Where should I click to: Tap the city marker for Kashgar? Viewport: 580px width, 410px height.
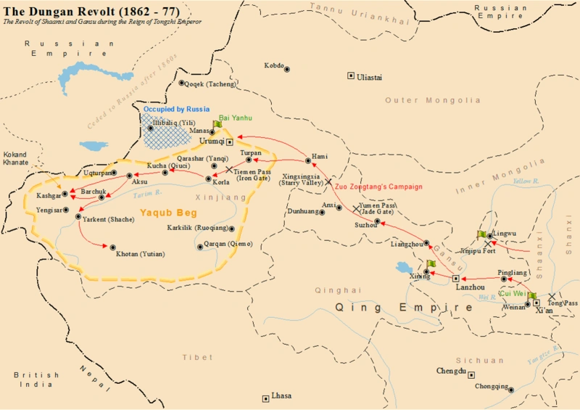tap(65, 194)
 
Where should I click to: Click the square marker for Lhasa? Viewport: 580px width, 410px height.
tap(265, 398)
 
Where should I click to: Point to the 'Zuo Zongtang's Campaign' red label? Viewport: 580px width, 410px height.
tap(378, 186)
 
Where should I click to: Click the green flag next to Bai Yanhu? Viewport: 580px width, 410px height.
tap(217, 124)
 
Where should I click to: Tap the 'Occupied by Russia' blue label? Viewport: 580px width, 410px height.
tap(176, 110)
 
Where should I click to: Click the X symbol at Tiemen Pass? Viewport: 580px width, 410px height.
tap(229, 170)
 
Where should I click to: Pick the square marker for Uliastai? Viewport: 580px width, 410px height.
tap(351, 75)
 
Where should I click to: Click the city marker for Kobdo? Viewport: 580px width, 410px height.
tap(287, 69)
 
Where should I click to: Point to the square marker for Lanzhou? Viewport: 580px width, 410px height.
tap(455, 278)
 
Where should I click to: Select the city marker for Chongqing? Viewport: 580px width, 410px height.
tap(511, 390)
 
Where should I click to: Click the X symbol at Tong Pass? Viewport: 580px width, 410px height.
tap(552, 296)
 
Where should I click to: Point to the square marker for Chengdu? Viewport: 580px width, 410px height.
tap(471, 375)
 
